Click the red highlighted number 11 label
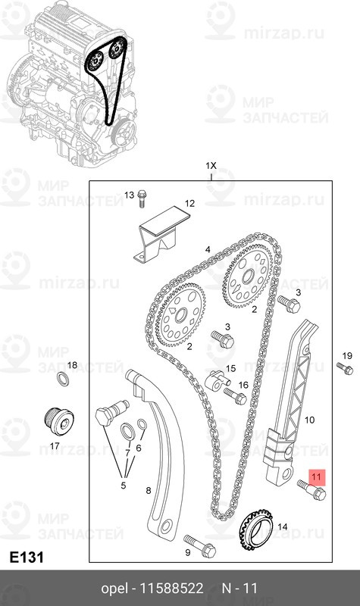pos(316,477)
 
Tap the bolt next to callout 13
pos(142,199)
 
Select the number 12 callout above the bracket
pos(189,204)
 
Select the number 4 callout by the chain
pos(207,249)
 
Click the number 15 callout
pos(230,368)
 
